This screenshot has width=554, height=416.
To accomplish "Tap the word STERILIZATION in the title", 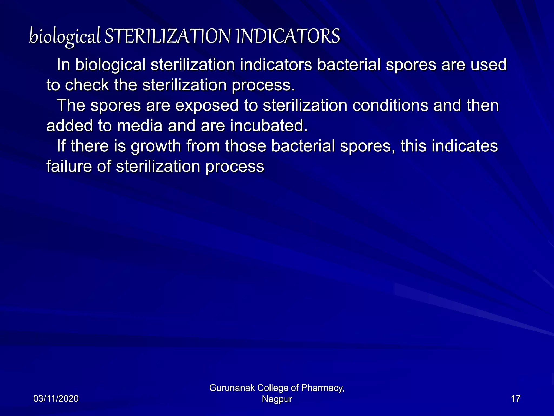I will (167, 36).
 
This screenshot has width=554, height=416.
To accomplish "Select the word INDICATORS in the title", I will (288, 36).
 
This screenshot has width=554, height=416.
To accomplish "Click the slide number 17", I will (515, 399).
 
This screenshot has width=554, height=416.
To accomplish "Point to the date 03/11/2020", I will (56, 399).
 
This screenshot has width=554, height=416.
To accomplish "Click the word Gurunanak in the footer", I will (232, 388).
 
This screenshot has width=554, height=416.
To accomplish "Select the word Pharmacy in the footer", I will (322, 388).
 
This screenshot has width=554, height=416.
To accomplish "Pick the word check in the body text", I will (87, 85).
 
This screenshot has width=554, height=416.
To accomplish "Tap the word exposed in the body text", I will (207, 105).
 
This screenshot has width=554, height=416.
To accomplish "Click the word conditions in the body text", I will (390, 105).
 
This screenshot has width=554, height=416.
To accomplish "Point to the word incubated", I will (269, 126).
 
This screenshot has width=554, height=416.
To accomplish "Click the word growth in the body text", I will (156, 146).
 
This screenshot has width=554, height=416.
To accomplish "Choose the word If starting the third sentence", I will (61, 146).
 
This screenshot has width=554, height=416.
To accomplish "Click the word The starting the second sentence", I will (71, 105).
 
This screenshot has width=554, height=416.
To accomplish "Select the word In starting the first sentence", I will (63, 65).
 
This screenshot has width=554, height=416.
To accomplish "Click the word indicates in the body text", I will (464, 146).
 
